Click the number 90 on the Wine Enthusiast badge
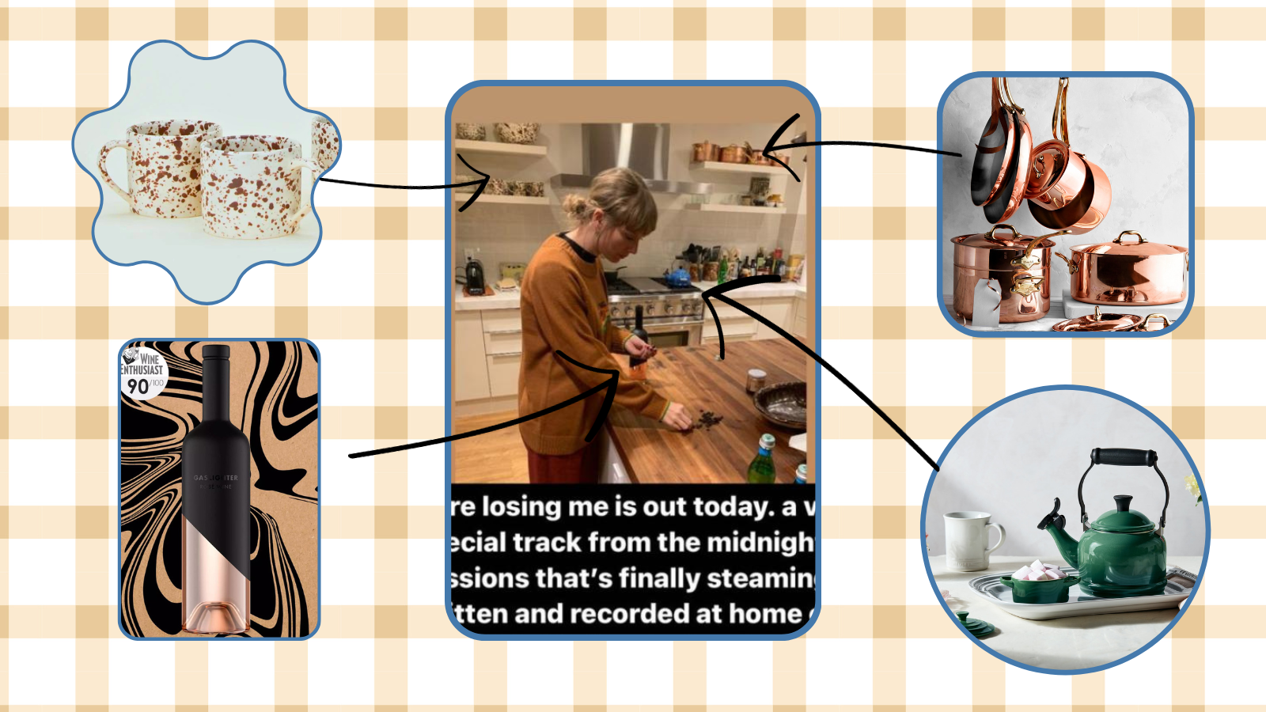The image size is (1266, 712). [138, 386]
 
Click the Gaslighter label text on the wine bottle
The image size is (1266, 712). [215, 478]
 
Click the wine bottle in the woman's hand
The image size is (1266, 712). [638, 336]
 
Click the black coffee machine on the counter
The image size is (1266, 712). [474, 275]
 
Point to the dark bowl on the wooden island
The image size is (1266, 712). [780, 404]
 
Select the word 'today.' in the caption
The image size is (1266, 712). [732, 506]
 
